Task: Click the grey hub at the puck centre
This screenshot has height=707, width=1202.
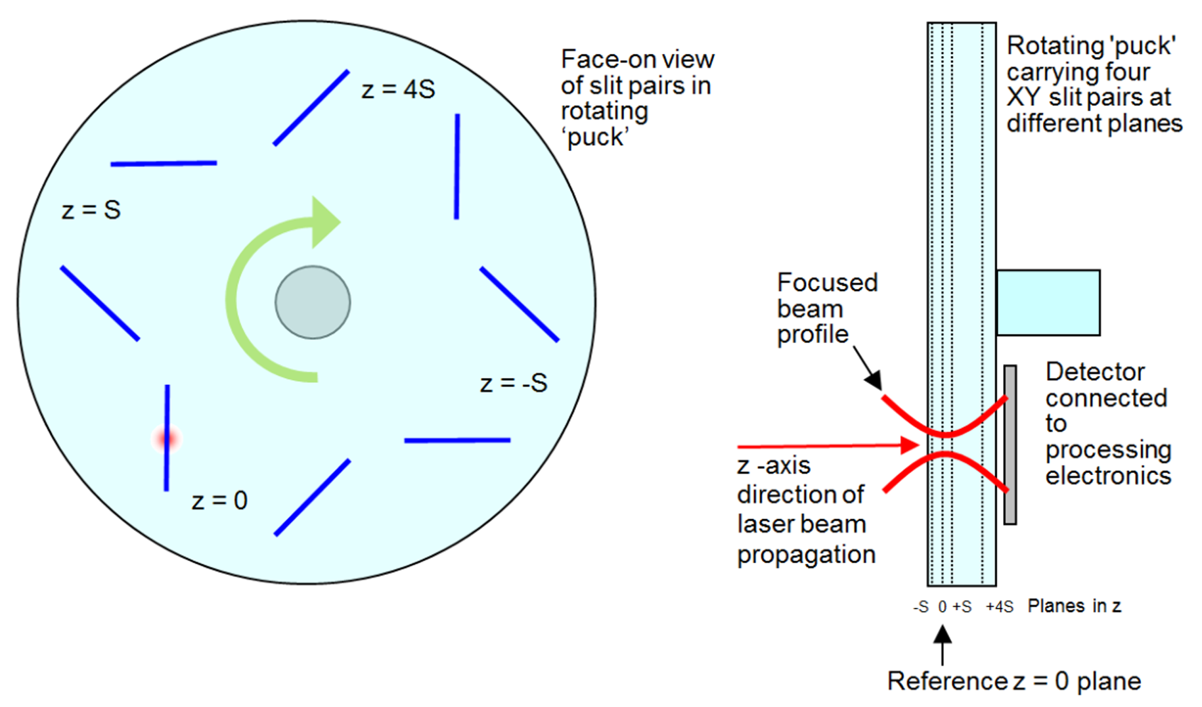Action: click(x=313, y=302)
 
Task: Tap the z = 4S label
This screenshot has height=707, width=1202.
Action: click(x=398, y=89)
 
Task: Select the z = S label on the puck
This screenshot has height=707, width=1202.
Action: click(x=91, y=210)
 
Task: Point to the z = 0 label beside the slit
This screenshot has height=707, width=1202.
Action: click(x=219, y=501)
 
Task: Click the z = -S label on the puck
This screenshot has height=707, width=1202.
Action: click(x=514, y=383)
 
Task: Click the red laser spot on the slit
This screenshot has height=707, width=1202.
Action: click(x=166, y=438)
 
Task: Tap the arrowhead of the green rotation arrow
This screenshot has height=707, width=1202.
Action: click(x=325, y=222)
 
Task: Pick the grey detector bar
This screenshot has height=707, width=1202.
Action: click(x=1010, y=445)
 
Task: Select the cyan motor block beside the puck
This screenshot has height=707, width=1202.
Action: click(x=1048, y=302)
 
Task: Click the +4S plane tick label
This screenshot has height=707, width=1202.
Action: click(x=999, y=606)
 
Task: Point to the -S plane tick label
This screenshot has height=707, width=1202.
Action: click(x=920, y=606)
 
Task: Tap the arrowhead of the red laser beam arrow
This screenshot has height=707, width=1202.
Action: click(x=910, y=445)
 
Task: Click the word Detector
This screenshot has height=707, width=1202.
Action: click(x=1095, y=372)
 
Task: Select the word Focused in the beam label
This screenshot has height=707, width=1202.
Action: click(x=827, y=283)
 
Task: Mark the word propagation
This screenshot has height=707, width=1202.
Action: click(x=806, y=555)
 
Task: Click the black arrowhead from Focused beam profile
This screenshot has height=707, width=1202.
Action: click(x=874, y=380)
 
